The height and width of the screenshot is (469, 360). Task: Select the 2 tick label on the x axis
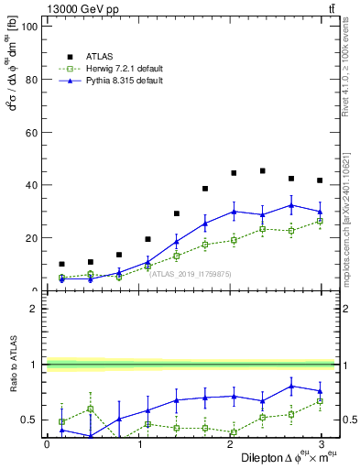[231, 444]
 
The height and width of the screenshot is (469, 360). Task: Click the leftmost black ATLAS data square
[61, 264]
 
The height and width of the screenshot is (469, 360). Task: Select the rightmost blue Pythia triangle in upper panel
[320, 212]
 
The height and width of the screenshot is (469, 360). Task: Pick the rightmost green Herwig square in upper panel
[320, 221]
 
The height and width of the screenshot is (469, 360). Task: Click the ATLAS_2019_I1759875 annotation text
[191, 273]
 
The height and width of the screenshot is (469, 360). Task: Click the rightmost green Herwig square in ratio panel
[320, 401]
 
